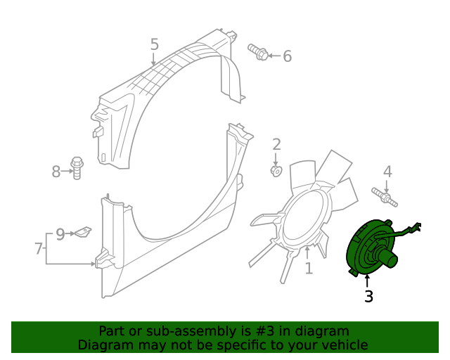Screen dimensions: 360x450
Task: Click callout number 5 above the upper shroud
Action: (155, 44)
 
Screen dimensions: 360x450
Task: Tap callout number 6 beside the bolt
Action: (287, 56)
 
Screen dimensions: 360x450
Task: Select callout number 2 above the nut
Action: (276, 145)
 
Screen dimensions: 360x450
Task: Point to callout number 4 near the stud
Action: (387, 171)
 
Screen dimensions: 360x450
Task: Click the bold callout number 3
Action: (368, 297)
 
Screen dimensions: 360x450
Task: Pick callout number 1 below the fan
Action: (308, 268)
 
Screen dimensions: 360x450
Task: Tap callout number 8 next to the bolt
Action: (57, 171)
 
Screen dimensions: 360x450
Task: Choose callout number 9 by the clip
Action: (60, 233)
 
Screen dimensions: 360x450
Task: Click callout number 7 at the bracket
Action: (39, 247)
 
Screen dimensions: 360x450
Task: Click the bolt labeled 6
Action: (257, 51)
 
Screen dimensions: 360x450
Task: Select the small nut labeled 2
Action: (276, 171)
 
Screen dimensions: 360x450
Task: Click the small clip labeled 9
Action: (84, 231)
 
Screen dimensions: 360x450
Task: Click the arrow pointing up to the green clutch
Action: (366, 281)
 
